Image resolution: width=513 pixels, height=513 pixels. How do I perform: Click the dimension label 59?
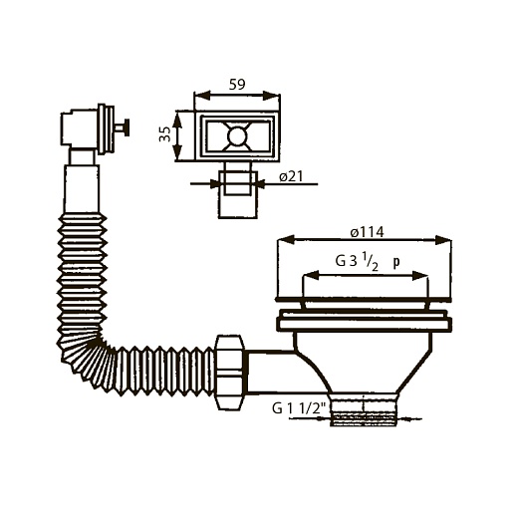[237, 85]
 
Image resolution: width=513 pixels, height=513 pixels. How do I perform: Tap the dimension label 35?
[164, 134]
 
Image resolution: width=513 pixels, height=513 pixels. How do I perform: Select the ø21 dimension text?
[291, 176]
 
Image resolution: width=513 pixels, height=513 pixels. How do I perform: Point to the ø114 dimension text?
[368, 232]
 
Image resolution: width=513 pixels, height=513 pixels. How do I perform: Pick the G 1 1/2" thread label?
[298, 408]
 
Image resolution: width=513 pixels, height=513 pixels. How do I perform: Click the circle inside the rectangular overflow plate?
[237, 136]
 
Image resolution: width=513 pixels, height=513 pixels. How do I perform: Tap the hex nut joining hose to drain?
[230, 373]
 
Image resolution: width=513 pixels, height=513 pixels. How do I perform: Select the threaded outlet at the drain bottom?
[364, 409]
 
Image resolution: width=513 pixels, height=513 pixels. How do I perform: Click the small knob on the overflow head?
[123, 128]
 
